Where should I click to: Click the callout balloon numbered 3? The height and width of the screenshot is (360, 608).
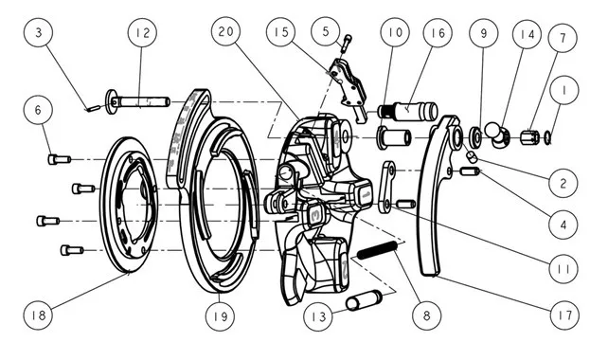[x=38, y=32]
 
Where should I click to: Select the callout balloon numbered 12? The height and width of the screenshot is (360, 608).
[x=142, y=32]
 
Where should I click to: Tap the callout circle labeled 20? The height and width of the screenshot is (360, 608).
[x=225, y=31]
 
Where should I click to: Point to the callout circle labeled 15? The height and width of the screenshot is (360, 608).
[x=280, y=32]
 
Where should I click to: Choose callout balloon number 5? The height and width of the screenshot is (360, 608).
[x=326, y=31]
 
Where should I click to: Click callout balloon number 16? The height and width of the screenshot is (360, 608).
[x=438, y=32]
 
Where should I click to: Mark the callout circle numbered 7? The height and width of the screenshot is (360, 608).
[x=563, y=38]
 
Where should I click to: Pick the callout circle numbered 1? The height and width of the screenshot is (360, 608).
[x=564, y=90]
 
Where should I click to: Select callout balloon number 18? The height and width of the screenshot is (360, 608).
[x=38, y=315]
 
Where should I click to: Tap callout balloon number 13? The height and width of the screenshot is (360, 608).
[x=318, y=316]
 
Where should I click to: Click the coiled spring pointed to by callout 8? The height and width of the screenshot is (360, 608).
[x=377, y=250]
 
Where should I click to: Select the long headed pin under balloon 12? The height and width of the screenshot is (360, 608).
[x=137, y=102]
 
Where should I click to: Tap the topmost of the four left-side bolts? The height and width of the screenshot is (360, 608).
[x=60, y=159]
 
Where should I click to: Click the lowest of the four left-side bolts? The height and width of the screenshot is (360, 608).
[x=72, y=250]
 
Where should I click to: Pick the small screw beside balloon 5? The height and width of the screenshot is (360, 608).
[x=348, y=42]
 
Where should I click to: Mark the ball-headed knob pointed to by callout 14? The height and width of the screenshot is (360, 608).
[x=497, y=135]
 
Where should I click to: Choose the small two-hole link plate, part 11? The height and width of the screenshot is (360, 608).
[x=387, y=188]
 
